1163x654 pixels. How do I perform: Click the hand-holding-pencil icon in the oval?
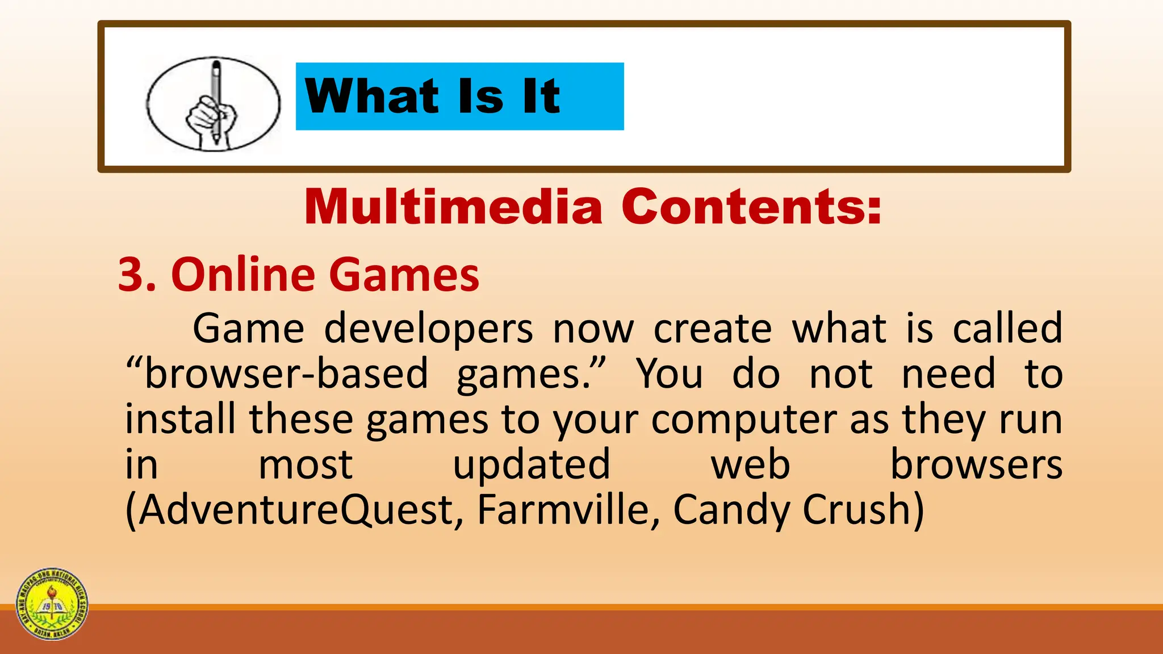pos(213,104)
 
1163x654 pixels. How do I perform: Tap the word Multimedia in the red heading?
pos(453,207)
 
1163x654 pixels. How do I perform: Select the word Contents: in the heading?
pos(751,207)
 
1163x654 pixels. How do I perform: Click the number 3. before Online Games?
pos(137,275)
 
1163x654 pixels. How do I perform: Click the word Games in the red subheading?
pos(404,275)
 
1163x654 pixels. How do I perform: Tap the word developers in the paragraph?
pos(428,329)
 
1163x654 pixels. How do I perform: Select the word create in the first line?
pos(713,329)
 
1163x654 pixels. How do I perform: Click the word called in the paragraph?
pos(1007,329)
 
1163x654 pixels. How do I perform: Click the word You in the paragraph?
pos(670,374)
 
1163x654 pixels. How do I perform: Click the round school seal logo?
pos(52,604)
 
